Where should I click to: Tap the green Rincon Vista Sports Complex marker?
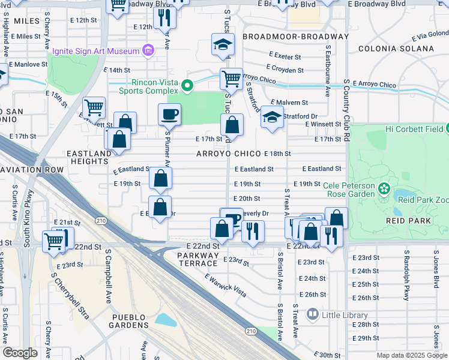pyautogui.click(x=187, y=86)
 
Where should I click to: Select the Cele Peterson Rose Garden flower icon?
pyautogui.click(x=384, y=190)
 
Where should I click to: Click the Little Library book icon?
pyautogui.click(x=312, y=314)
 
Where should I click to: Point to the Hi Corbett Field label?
pyautogui.click(x=414, y=129)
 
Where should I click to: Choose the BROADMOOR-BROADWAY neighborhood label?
pyautogui.click(x=295, y=37)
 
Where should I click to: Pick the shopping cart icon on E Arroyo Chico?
pyautogui.click(x=231, y=78)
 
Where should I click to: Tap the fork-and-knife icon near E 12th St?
pyautogui.click(x=164, y=18)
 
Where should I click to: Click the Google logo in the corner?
pyautogui.click(x=20, y=353)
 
